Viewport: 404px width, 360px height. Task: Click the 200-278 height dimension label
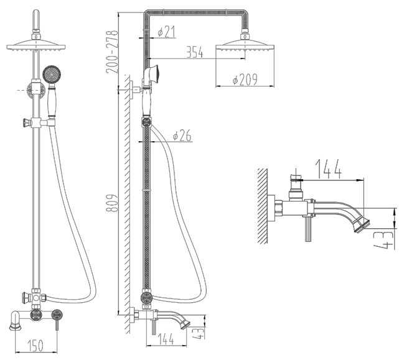tap(112, 52)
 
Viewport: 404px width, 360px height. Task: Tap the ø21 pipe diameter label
tap(166, 32)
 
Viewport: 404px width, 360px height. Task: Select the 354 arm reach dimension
tap(194, 52)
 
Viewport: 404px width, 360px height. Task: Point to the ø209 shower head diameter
tap(245, 79)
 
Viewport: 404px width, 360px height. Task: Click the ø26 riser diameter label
tap(182, 136)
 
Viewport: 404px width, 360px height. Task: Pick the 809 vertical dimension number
tap(112, 203)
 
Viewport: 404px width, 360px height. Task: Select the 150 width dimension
tap(35, 346)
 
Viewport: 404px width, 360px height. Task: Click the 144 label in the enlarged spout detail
tap(329, 168)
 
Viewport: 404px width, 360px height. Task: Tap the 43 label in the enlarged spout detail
tap(384, 240)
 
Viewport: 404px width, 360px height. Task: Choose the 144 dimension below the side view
tap(165, 339)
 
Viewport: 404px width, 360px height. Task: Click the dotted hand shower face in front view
tap(52, 74)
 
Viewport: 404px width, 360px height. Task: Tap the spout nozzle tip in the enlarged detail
tap(362, 225)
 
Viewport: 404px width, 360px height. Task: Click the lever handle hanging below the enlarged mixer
tap(308, 229)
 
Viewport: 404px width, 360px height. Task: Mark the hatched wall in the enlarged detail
tap(262, 206)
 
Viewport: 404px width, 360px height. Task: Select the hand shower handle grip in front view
tap(52, 101)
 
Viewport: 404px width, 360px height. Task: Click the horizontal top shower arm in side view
tap(196, 12)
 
